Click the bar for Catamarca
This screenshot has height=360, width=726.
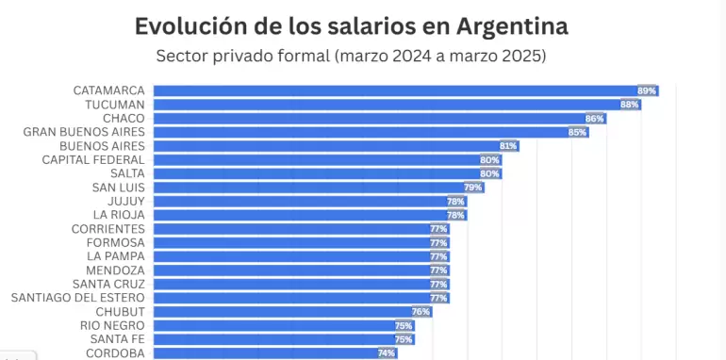click(x=396, y=90)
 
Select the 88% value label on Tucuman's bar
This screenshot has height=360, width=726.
click(x=629, y=105)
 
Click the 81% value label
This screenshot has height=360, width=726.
click(x=508, y=146)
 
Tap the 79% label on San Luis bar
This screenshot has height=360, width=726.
click(x=472, y=188)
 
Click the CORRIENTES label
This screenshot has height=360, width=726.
click(x=108, y=229)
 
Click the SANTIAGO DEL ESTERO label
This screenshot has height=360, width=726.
click(x=78, y=298)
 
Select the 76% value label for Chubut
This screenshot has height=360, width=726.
click(x=421, y=312)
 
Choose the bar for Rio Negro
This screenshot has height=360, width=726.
click(x=273, y=325)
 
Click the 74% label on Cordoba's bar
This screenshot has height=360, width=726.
click(x=386, y=353)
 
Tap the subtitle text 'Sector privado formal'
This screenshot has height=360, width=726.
click(x=243, y=57)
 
